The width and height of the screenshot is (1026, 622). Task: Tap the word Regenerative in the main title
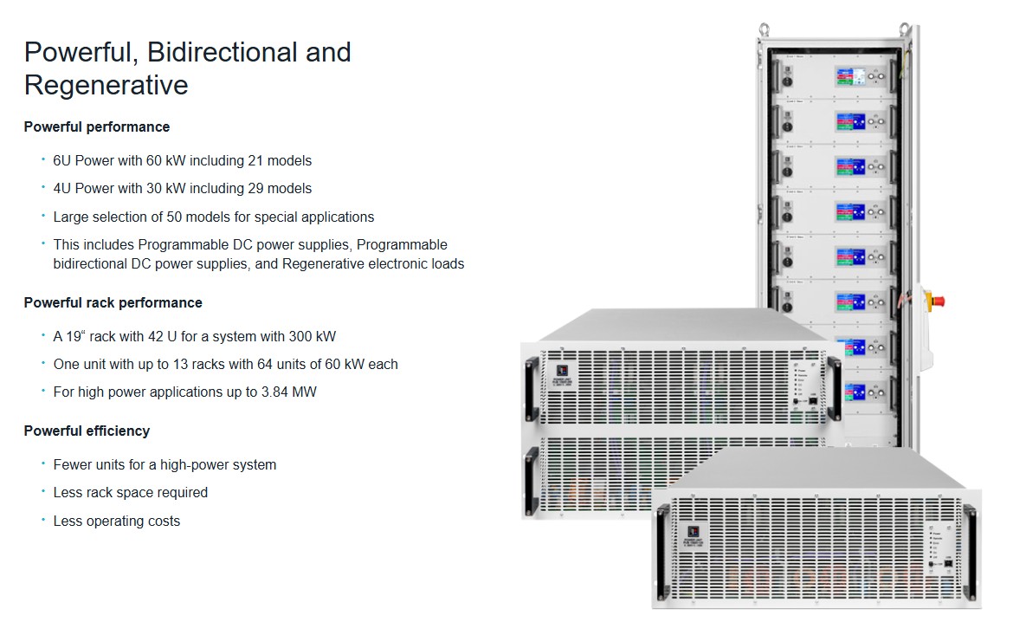(106, 86)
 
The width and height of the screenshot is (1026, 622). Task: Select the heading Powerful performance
(97, 126)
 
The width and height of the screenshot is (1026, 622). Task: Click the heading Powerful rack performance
(113, 302)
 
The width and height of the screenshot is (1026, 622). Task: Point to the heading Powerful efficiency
(87, 431)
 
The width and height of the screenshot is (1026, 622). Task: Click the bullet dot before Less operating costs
(43, 520)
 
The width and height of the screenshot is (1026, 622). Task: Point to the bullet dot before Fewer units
(43, 463)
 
